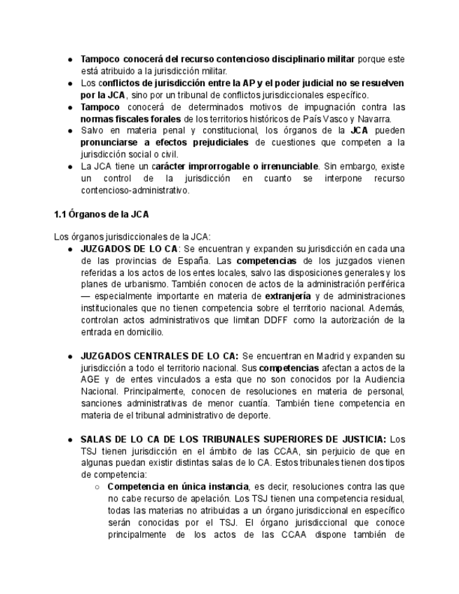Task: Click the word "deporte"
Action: click(x=252, y=415)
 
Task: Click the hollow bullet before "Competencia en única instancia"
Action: click(x=97, y=487)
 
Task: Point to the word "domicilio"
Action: click(x=142, y=332)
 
